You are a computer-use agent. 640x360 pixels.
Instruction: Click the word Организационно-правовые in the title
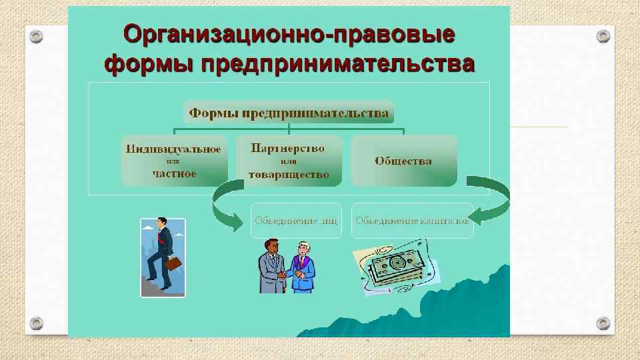[289, 34]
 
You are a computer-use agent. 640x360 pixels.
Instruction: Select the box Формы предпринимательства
[289, 113]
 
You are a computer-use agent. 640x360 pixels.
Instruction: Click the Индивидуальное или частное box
[173, 161]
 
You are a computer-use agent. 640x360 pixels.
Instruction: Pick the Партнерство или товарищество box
[288, 161]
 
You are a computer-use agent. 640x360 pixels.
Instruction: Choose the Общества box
[403, 161]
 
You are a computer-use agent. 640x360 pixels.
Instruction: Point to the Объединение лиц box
[295, 220]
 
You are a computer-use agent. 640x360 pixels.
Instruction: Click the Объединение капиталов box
[412, 220]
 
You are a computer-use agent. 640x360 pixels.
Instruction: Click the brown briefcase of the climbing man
[173, 264]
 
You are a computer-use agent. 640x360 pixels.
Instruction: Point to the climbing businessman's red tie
[160, 240]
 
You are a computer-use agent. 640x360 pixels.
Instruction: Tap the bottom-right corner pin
[603, 323]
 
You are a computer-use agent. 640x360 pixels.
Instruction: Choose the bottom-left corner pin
[37, 323]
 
